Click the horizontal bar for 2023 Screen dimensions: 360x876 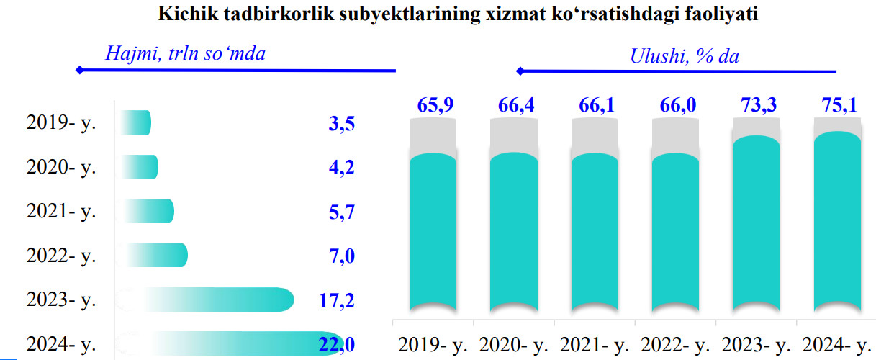216,300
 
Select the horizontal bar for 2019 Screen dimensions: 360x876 137,122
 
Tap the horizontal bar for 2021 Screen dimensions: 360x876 149,211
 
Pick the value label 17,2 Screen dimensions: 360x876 337,300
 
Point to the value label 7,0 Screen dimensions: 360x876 342,256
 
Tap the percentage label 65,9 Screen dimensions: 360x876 435,106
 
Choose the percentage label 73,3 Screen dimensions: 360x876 758,106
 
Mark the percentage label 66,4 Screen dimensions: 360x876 515,106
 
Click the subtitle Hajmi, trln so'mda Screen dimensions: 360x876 185,53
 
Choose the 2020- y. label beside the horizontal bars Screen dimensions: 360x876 61,167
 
